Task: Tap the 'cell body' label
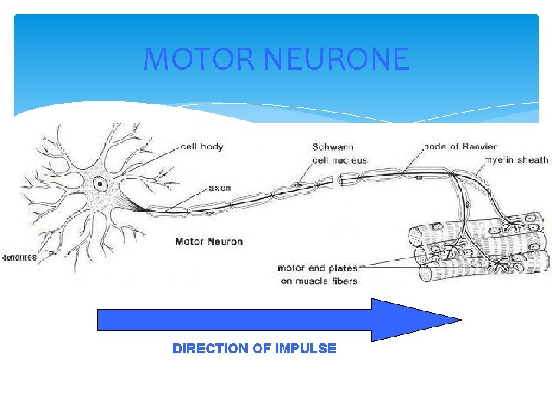click(x=202, y=146)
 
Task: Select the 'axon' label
click(x=219, y=187)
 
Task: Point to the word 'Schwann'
click(x=333, y=146)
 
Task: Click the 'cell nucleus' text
click(x=340, y=161)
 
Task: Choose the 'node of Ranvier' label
click(x=460, y=146)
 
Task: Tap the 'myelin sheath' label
click(x=516, y=160)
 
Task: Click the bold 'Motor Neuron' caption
click(x=209, y=242)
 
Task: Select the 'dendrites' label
click(x=18, y=258)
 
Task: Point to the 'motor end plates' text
click(x=317, y=268)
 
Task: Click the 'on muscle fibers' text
click(x=319, y=281)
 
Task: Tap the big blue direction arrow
click(x=276, y=319)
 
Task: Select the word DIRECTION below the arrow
click(x=210, y=349)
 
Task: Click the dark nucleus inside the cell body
click(x=100, y=183)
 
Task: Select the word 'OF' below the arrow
click(x=261, y=349)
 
